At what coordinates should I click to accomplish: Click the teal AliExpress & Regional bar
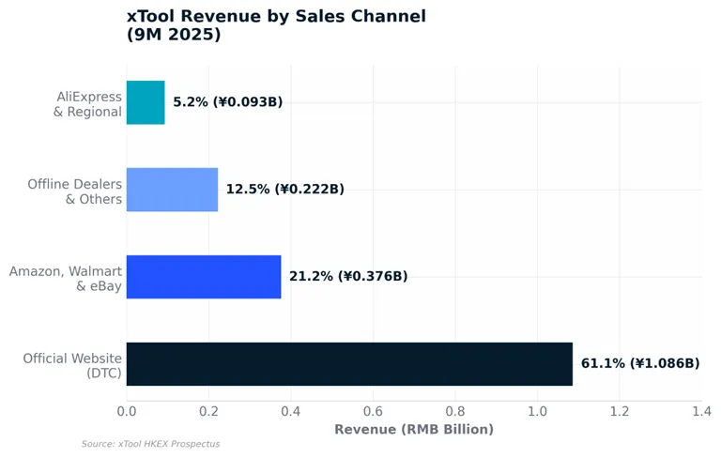point(146,102)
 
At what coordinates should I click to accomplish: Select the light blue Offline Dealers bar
point(173,190)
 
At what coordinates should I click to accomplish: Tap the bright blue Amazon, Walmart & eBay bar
point(204,277)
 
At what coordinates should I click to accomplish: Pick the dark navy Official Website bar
point(349,364)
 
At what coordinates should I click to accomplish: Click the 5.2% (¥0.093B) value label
point(227,101)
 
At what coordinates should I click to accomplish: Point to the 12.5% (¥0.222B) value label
point(285,189)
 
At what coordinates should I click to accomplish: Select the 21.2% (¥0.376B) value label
point(348,276)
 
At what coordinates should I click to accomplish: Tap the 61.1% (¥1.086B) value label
point(640,363)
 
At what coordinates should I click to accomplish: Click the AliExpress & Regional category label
point(88,104)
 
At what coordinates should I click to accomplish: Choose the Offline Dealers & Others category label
point(75,191)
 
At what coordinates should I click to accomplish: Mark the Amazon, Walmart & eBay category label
point(66,279)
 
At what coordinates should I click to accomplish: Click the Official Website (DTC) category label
point(72,366)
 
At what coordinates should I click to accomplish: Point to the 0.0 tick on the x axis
point(127,411)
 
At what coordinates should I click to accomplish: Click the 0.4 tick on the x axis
point(291,411)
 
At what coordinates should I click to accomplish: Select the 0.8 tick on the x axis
point(455,411)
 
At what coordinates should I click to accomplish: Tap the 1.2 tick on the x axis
point(620,411)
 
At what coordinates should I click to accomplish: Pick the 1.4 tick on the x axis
point(701,411)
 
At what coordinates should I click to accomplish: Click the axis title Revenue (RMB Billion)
point(414,430)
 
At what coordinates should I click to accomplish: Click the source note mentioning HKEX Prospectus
point(151,444)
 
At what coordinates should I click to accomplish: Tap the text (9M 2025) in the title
point(174,35)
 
